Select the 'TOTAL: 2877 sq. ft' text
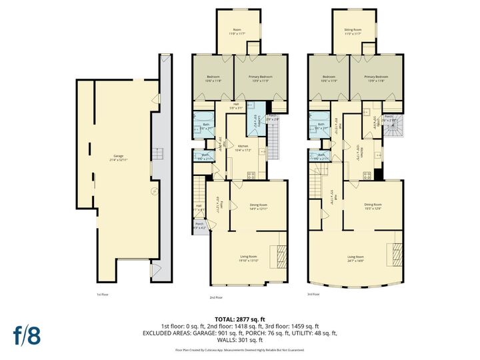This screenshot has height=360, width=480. coord(239,319)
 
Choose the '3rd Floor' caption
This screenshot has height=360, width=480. coord(313,294)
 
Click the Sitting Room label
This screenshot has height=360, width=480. coord(353,31)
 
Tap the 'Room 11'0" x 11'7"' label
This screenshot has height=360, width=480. coord(236,31)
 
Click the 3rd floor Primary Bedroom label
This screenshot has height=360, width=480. coord(376,79)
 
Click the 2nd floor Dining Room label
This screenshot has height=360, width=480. coord(259,207)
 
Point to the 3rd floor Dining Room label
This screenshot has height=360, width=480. coord(373,206)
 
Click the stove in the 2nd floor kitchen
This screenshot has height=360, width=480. coord(253,175)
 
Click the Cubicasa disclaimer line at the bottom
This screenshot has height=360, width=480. coord(239,349)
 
